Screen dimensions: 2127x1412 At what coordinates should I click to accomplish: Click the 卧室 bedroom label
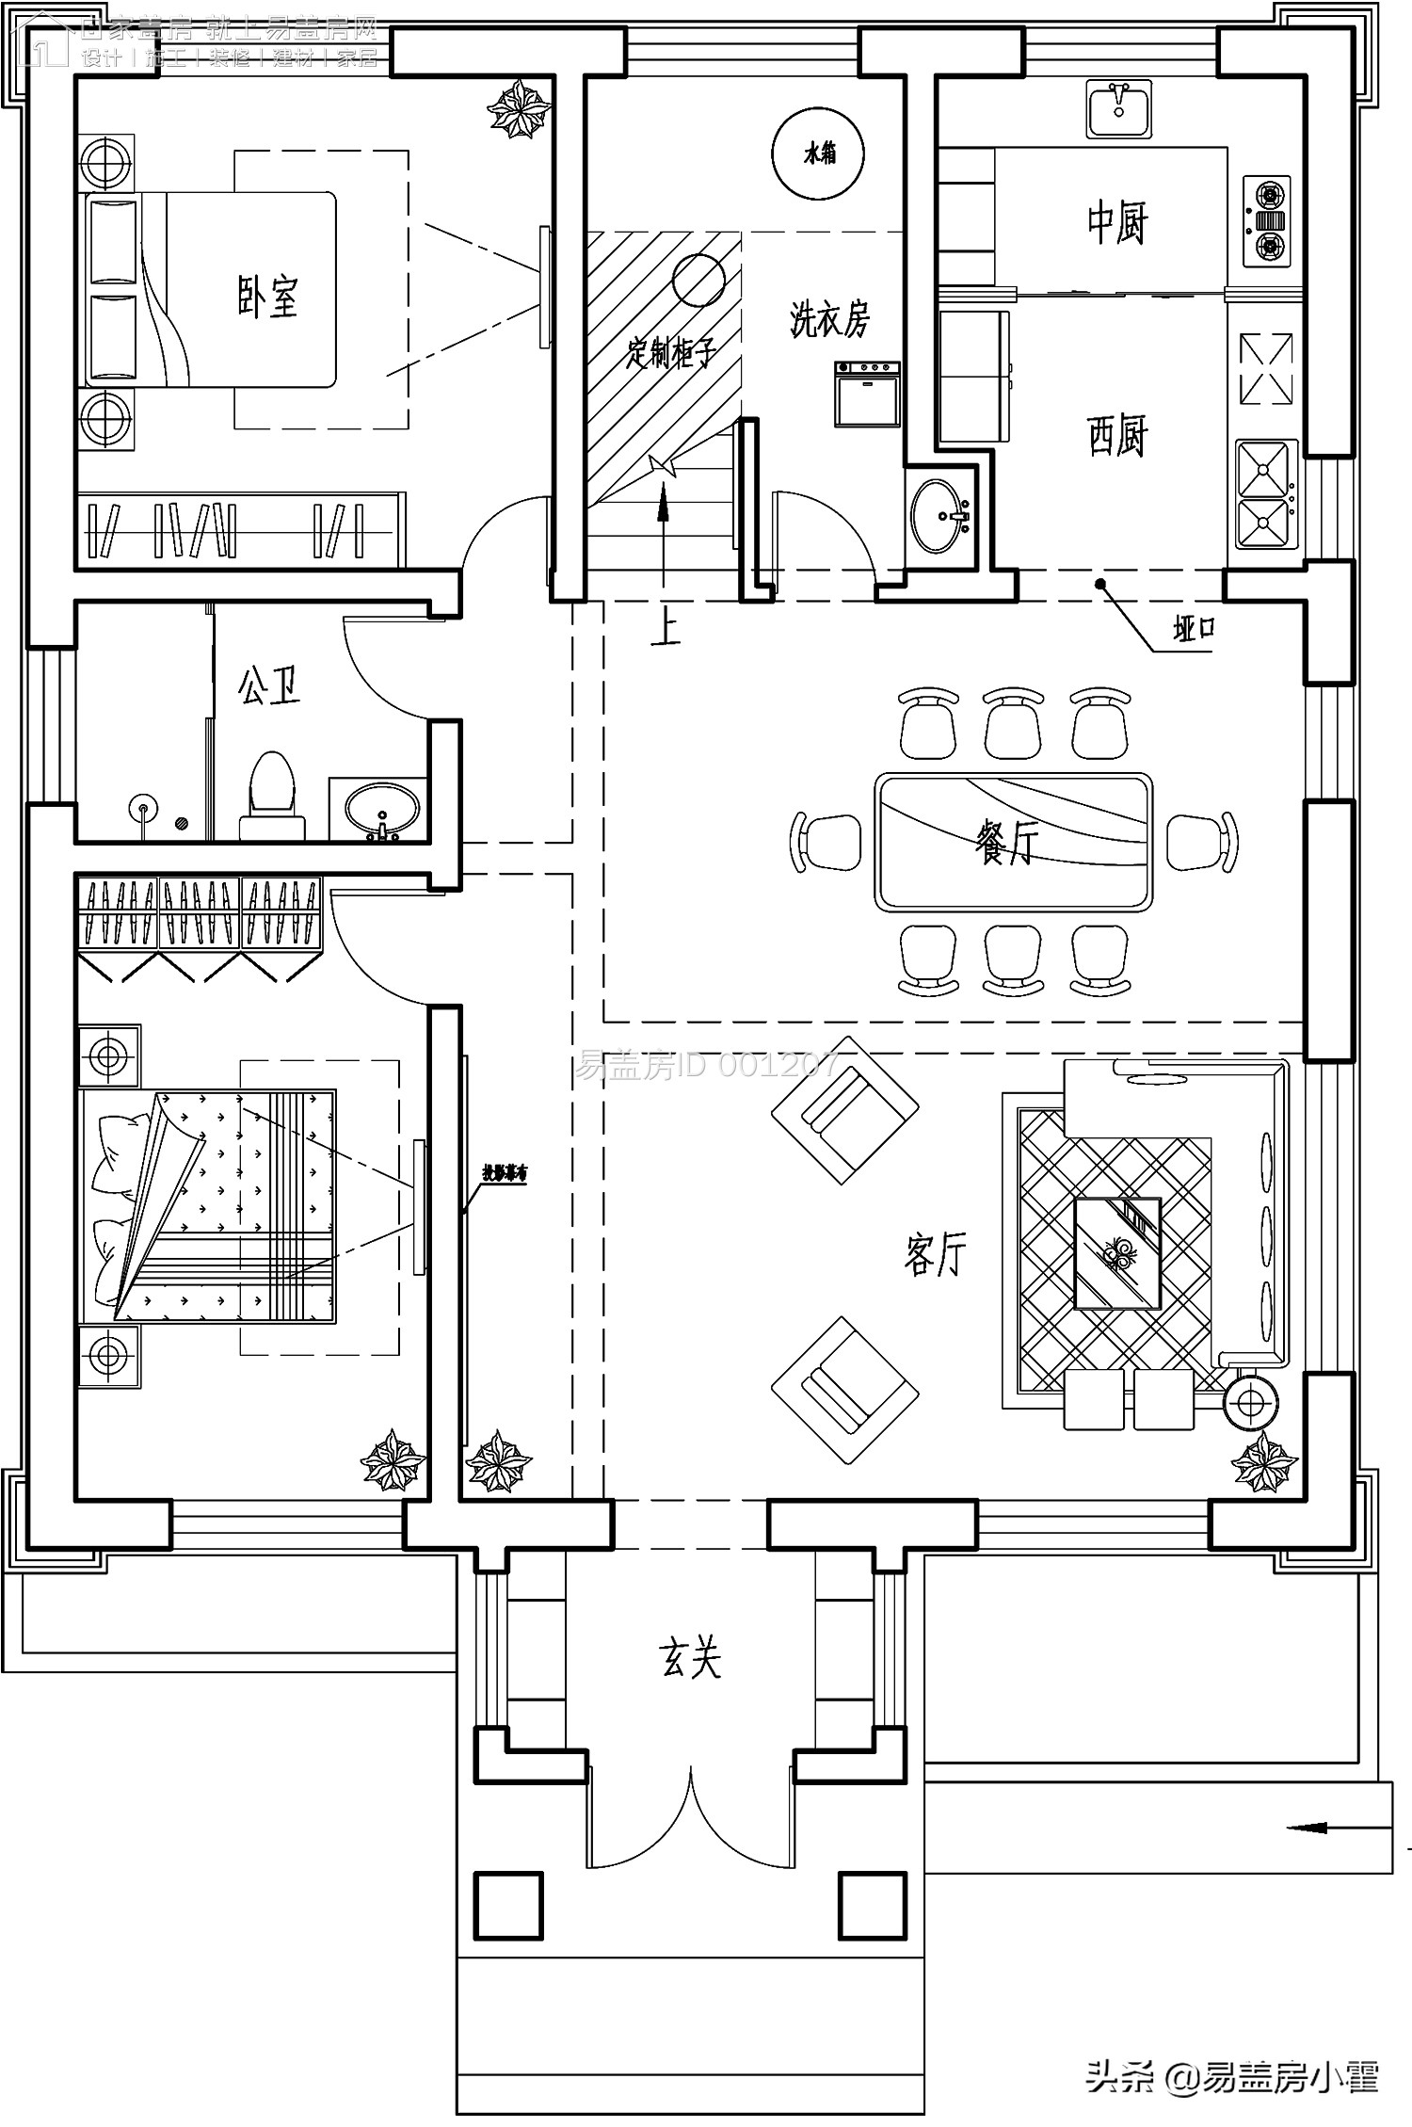(267, 297)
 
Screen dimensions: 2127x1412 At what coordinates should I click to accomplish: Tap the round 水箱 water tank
(818, 153)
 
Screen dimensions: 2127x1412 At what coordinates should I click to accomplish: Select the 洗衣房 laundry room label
(828, 320)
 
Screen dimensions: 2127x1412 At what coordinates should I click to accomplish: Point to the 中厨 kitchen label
(1117, 222)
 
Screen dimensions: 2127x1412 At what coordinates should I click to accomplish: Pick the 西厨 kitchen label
(1117, 436)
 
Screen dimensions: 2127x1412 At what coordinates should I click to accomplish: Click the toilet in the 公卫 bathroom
(271, 794)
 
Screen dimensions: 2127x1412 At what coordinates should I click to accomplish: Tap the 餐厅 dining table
(1013, 842)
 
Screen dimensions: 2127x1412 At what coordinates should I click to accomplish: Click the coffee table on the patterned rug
(1117, 1253)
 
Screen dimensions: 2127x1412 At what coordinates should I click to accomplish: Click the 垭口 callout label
(1193, 629)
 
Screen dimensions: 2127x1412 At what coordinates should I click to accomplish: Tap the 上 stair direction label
(666, 627)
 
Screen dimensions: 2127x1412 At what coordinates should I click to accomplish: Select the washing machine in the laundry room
(867, 394)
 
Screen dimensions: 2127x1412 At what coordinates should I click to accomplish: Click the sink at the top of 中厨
(1118, 109)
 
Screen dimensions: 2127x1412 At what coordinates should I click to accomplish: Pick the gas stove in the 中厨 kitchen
(1269, 222)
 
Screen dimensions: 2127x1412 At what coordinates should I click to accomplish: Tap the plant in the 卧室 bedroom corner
(517, 108)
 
